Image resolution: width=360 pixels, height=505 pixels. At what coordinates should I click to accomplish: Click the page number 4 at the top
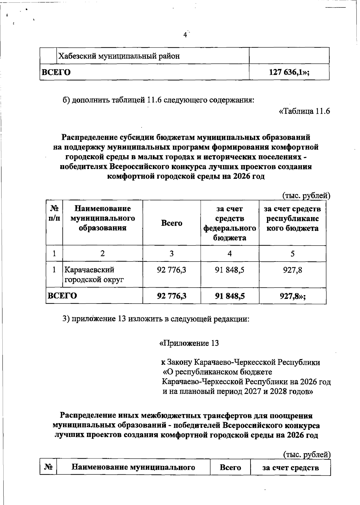point(185,35)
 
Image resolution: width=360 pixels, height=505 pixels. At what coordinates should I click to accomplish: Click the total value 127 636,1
point(289,72)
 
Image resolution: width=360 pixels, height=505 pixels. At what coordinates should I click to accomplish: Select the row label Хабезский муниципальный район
point(119,56)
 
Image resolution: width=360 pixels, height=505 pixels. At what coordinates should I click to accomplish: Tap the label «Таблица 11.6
point(304,111)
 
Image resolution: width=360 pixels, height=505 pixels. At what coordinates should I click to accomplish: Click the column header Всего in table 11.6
point(172,223)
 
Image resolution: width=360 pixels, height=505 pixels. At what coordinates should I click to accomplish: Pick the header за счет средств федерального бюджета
point(229,223)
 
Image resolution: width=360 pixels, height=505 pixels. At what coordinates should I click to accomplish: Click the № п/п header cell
point(54,213)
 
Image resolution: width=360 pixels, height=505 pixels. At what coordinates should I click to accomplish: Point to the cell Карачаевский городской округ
point(94,275)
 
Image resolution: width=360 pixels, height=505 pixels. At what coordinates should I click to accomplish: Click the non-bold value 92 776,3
point(172,270)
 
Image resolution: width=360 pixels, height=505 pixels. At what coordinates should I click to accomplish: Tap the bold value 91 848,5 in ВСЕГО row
point(229,296)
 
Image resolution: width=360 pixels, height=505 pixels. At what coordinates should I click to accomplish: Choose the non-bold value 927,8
point(292,270)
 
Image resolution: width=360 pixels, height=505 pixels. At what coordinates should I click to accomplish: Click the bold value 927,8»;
point(292,296)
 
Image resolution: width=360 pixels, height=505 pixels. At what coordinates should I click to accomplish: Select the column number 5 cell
point(292,254)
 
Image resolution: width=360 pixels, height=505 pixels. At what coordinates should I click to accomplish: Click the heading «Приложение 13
point(189,343)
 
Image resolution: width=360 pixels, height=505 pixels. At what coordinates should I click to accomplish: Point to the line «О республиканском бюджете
point(217,372)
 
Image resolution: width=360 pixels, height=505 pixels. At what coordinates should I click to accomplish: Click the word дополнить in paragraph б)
point(89,100)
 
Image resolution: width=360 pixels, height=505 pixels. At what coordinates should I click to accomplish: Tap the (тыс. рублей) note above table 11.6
point(306,196)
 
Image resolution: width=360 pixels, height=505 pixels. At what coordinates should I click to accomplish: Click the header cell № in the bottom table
point(48,467)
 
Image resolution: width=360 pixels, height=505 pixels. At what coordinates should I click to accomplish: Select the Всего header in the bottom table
point(230,467)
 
